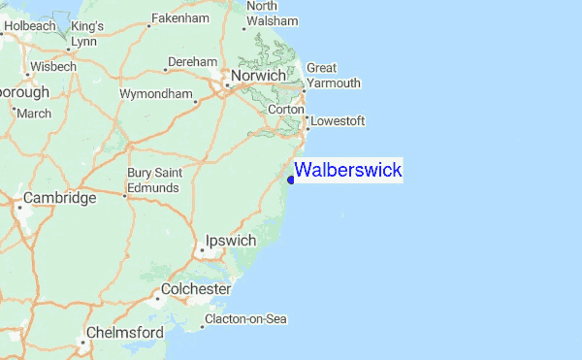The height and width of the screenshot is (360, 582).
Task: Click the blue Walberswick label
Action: pyautogui.click(x=347, y=171)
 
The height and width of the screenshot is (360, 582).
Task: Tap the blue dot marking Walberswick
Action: pyautogui.click(x=291, y=179)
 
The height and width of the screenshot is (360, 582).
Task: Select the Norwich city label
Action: pyautogui.click(x=257, y=75)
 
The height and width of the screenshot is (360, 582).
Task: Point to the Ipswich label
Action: pyautogui.click(x=231, y=241)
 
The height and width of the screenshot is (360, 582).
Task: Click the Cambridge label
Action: pyautogui.click(x=59, y=198)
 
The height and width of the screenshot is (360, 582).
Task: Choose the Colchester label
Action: pyautogui.click(x=195, y=289)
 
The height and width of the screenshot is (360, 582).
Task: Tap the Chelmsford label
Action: pyautogui.click(x=124, y=332)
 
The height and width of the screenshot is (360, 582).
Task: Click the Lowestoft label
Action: pyautogui.click(x=337, y=121)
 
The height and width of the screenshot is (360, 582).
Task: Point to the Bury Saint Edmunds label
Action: pyautogui.click(x=154, y=180)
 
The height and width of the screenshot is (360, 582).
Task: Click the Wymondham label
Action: pyautogui.click(x=155, y=94)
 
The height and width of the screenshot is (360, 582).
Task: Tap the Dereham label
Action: pyautogui.click(x=192, y=62)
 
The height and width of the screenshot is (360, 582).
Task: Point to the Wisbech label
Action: pyautogui.click(x=52, y=67)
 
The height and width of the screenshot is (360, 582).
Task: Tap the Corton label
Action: pyautogui.click(x=285, y=111)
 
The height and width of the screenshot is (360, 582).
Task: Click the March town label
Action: pyautogui.click(x=34, y=114)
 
